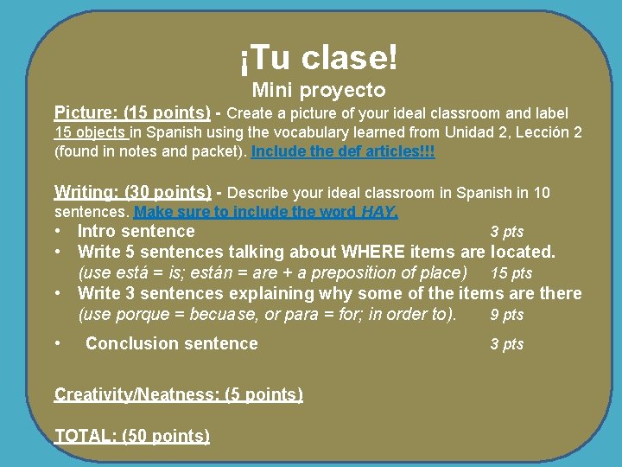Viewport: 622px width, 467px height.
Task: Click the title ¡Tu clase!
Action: coord(319,58)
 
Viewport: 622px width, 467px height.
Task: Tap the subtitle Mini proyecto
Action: coord(319,90)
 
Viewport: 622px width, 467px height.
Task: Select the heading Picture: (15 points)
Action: coord(132,112)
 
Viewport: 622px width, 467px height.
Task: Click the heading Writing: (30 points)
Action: coord(132,192)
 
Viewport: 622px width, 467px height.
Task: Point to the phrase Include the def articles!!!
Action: coord(343,152)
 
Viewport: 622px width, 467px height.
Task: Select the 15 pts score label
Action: coord(511,273)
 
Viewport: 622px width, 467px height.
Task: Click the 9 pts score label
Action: coord(507,315)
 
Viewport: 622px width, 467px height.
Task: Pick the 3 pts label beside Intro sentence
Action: coord(507,232)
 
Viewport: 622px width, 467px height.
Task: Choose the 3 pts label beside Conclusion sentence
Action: coord(507,344)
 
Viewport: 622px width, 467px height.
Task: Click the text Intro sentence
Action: coord(136,231)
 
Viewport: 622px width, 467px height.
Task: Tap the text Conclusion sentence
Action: coord(171,343)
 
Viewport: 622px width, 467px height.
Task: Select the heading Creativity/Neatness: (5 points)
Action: coord(178,395)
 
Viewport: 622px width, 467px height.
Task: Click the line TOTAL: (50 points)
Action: coord(132,436)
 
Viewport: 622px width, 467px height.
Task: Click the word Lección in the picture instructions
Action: coord(538,132)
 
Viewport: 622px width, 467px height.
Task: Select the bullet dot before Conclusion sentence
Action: coord(58,343)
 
